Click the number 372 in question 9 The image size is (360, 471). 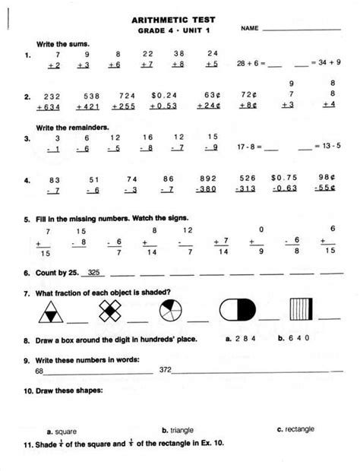(166, 370)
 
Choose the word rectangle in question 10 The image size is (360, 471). (298, 429)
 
